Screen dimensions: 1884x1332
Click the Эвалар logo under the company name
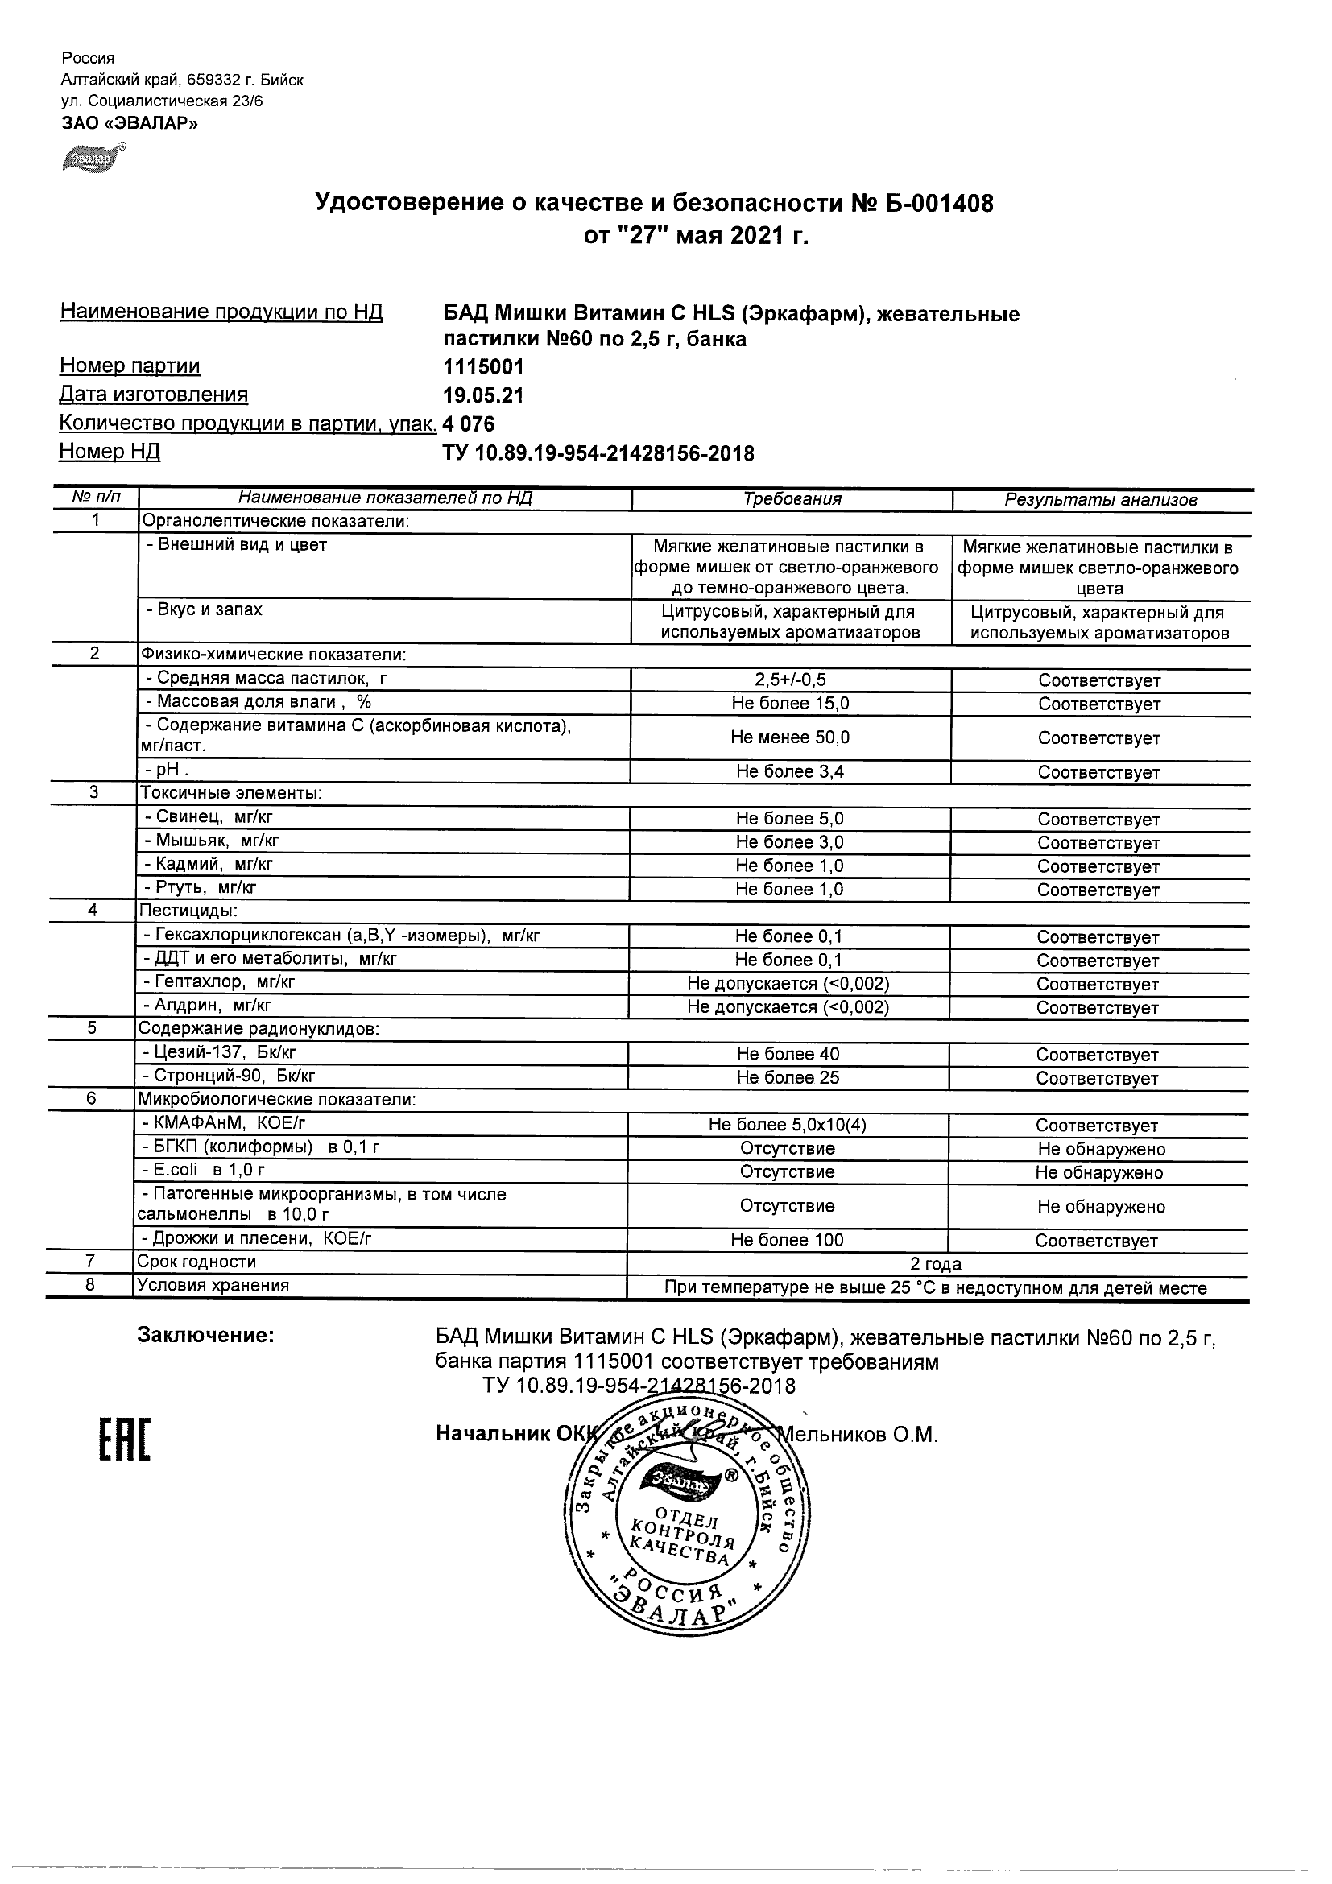(93, 159)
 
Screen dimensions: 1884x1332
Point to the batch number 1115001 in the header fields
(482, 367)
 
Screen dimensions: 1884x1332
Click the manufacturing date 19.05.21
(482, 395)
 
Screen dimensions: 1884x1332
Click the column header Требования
(792, 499)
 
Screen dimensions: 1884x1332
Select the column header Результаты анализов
(1101, 500)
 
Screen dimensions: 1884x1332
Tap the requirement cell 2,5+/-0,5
(791, 680)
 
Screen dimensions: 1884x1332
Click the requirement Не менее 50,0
(790, 737)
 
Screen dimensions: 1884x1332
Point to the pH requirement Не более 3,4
(790, 771)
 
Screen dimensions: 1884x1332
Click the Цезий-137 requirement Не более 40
(788, 1055)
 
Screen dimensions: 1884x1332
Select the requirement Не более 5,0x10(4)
(788, 1125)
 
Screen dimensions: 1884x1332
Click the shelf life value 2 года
(936, 1264)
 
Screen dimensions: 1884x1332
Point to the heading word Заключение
(205, 1336)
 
